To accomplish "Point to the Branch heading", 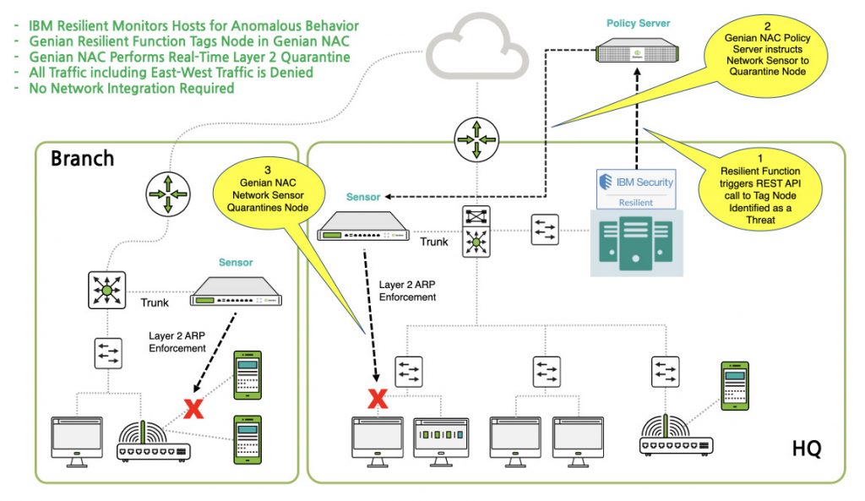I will (x=82, y=159).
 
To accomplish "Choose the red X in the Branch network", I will (x=194, y=410).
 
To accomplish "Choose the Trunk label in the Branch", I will (x=154, y=302).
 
